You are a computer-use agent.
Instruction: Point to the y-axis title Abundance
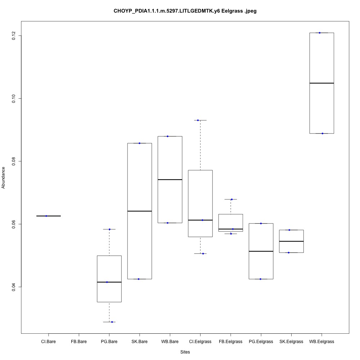tap(4, 177)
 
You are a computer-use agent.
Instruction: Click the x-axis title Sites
tap(185, 352)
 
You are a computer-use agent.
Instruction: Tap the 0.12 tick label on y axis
tap(14, 36)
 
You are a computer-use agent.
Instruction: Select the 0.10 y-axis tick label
tap(14, 98)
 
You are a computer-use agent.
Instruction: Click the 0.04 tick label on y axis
tap(14, 287)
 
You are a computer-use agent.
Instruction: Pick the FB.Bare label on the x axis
tap(79, 341)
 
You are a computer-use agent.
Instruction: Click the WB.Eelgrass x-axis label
tap(321, 341)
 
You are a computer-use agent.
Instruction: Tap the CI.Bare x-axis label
tap(48, 341)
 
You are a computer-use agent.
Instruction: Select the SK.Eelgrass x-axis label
tap(291, 341)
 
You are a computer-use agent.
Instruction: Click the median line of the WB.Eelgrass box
tap(321, 83)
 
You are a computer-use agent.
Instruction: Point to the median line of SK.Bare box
tap(139, 211)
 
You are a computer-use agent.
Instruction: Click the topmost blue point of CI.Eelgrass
tap(198, 120)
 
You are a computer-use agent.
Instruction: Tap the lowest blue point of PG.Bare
tap(112, 322)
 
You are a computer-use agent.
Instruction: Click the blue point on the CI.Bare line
tap(46, 216)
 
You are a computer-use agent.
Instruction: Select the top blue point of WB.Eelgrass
tap(320, 33)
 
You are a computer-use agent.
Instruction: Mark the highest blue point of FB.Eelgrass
tap(231, 199)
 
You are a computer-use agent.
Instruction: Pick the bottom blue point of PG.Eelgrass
tap(261, 279)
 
